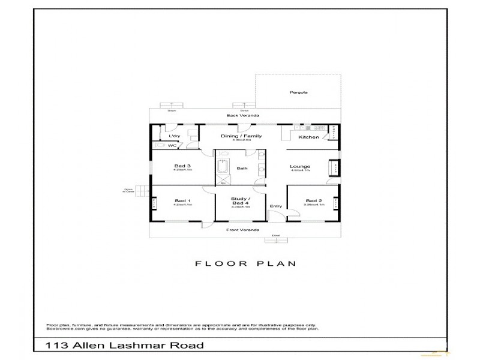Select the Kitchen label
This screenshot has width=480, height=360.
[308, 137]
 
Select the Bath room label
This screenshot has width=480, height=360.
[242, 169]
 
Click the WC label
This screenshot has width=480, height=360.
[172, 145]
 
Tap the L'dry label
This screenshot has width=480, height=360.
[173, 137]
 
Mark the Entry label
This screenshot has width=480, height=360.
[276, 206]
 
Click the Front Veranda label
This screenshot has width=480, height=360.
[238, 230]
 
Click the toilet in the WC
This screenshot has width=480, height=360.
[160, 145]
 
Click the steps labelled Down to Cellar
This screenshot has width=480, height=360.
[140, 191]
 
